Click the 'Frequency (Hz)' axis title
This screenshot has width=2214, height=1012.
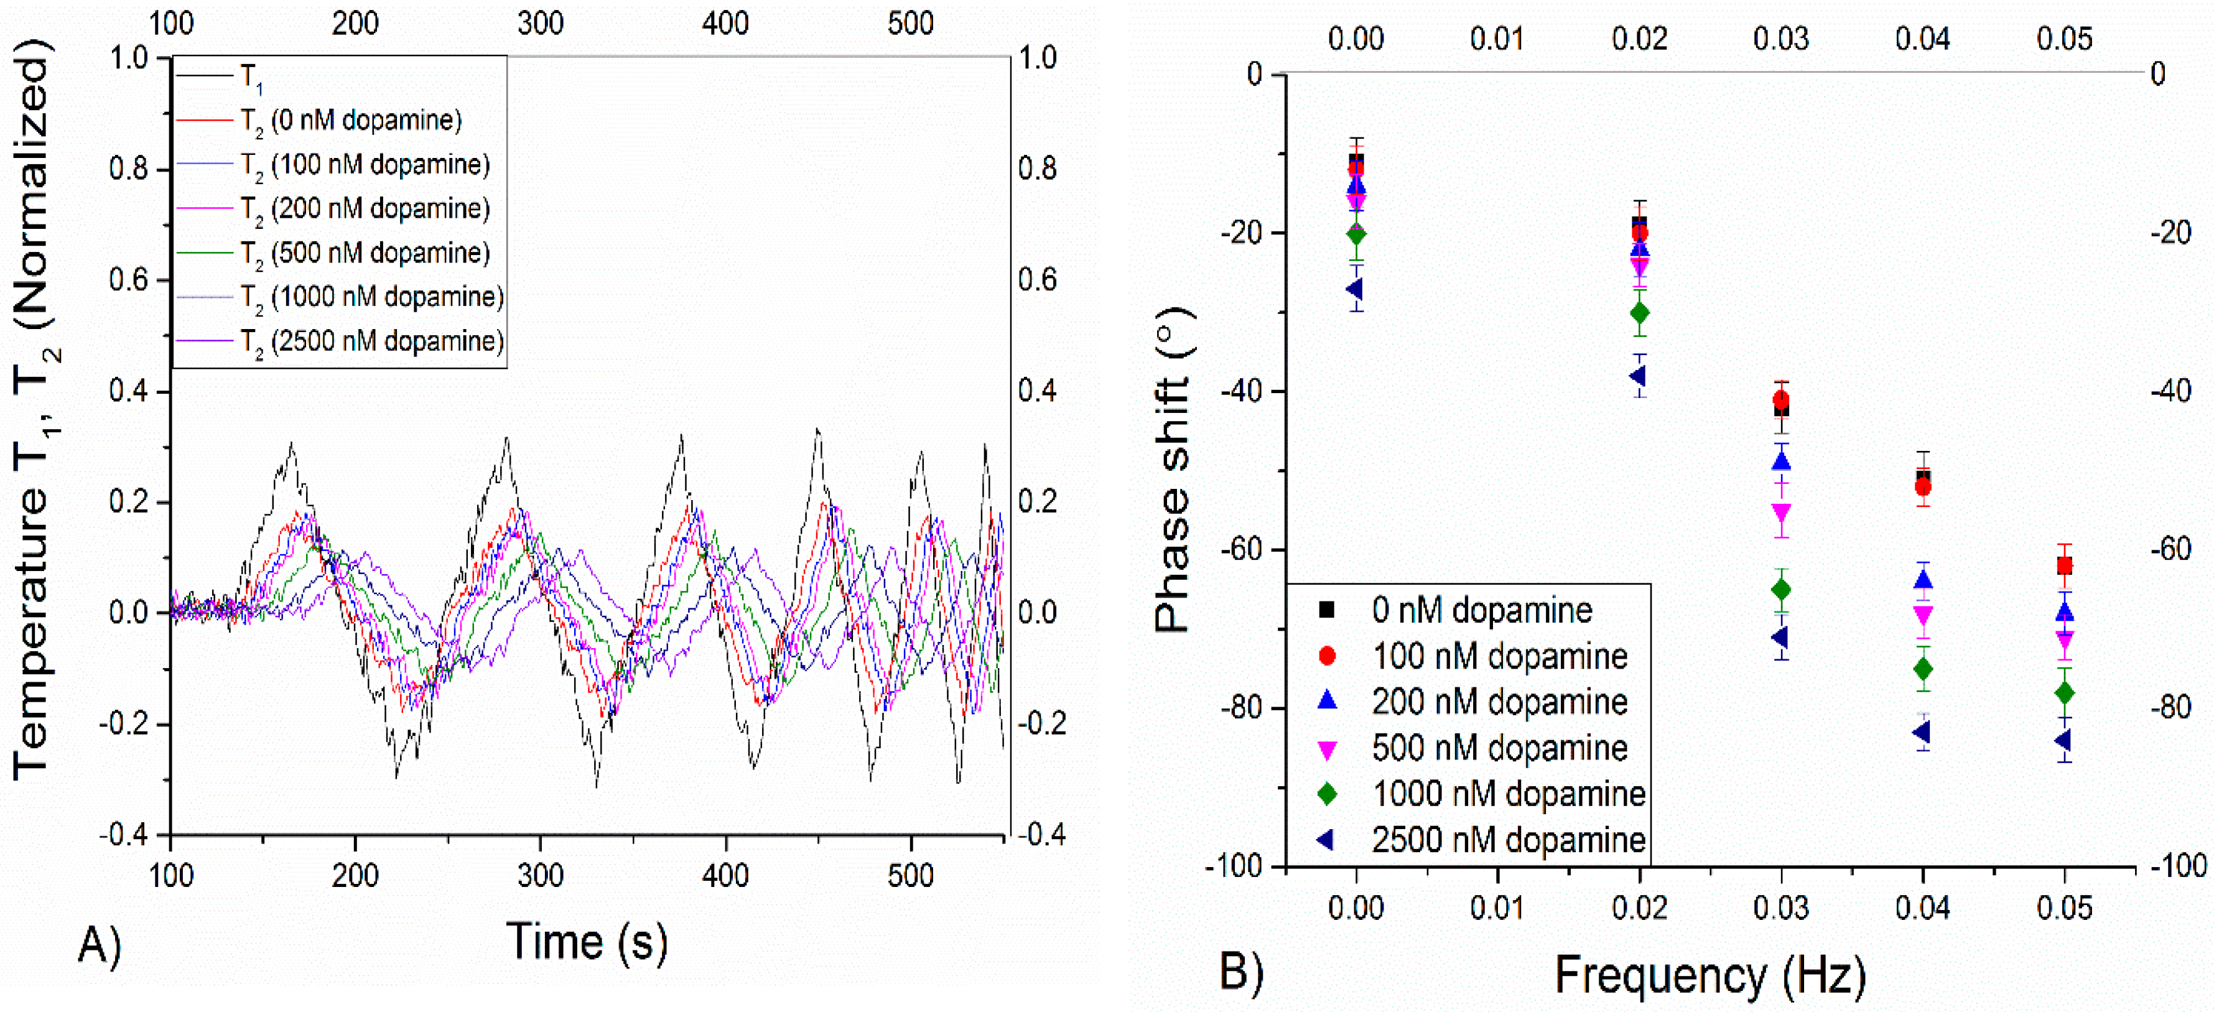1710,976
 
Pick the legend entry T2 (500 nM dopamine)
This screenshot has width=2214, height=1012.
365,253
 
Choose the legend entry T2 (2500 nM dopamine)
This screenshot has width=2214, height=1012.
372,342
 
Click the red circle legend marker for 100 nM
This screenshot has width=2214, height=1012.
1327,656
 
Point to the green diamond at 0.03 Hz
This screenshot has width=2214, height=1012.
1782,589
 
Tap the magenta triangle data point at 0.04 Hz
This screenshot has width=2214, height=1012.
1923,615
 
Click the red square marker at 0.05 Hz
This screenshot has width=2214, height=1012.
2065,565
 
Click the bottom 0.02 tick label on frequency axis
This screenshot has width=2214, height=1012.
1639,908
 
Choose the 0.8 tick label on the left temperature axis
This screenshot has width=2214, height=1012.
128,169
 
